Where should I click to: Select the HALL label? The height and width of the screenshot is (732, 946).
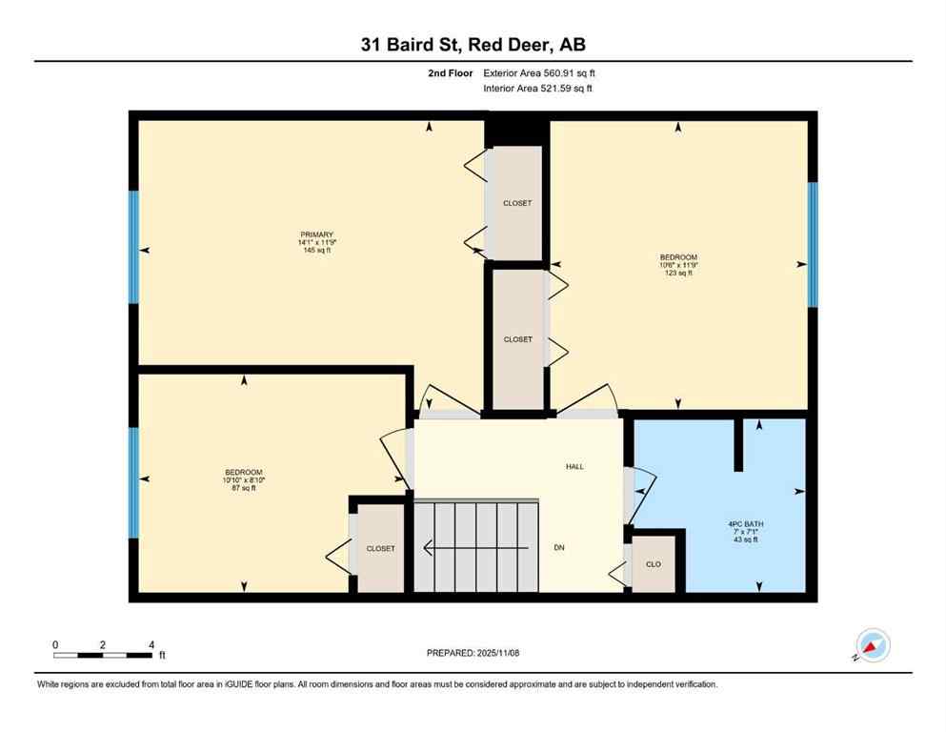574,466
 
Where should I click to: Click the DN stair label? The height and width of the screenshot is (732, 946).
560,548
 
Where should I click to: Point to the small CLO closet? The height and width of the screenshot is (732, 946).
654,564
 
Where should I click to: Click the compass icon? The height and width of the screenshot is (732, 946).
872,645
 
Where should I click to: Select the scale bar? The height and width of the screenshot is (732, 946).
103,655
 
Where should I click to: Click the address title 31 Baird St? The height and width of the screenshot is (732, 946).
472,44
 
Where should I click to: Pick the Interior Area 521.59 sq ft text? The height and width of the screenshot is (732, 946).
538,89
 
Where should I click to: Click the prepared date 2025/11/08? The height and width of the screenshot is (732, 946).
473,653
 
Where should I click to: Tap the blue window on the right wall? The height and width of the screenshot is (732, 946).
812,244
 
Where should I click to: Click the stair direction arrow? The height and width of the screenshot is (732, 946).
476,548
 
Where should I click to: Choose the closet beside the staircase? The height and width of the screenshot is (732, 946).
380,548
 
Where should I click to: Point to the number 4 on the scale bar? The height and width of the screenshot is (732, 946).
151,644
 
